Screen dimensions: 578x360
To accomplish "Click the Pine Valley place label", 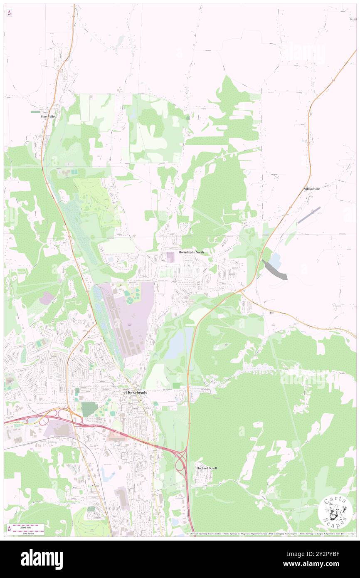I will point(48,117).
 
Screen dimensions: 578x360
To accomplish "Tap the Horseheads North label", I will point(191,252).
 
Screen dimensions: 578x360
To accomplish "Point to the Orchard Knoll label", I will point(207,468).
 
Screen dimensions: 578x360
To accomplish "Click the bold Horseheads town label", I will point(137,392).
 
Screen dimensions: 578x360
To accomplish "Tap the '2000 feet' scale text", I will point(28,526).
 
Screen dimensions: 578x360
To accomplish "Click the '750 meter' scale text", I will point(28,533).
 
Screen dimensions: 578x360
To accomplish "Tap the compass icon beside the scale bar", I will point(9,529).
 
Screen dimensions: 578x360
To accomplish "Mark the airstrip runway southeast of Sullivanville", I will point(309,215).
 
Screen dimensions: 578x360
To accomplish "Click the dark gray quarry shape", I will point(276,271).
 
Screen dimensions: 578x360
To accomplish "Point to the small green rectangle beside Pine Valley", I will point(36,112).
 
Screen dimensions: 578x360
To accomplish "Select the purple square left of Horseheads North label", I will point(170,257).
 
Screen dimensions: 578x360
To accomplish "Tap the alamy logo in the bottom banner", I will point(42,559).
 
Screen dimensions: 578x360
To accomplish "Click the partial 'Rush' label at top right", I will point(353,19).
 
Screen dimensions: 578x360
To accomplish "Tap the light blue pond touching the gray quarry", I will point(275,260).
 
